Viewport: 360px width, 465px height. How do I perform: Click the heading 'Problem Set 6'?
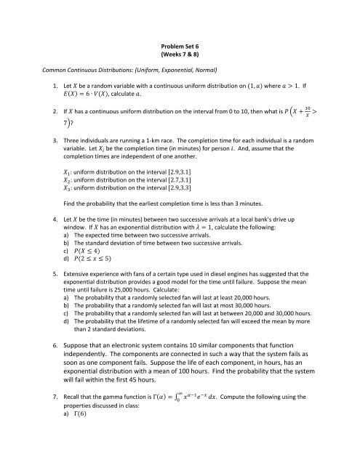click(179, 42)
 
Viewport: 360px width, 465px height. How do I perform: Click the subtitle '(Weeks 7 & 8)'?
click(179, 52)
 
